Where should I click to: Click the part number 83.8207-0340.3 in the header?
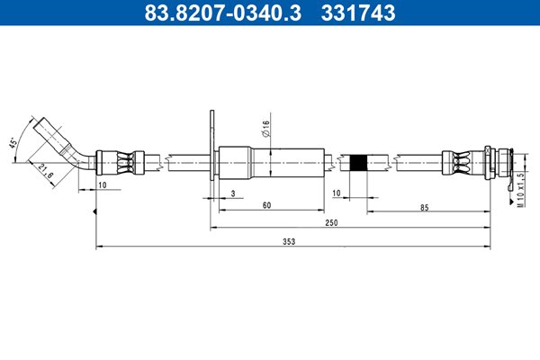point(222,13)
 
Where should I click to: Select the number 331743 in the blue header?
point(358,13)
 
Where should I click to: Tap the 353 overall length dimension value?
point(289,241)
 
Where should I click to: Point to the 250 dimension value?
point(331,222)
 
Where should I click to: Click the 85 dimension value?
point(424,207)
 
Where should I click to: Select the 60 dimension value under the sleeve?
point(267,205)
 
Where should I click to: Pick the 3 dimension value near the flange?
point(233,193)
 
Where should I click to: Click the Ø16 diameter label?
point(265,129)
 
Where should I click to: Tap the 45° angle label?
point(13,143)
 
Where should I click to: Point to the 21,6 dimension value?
point(45,171)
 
